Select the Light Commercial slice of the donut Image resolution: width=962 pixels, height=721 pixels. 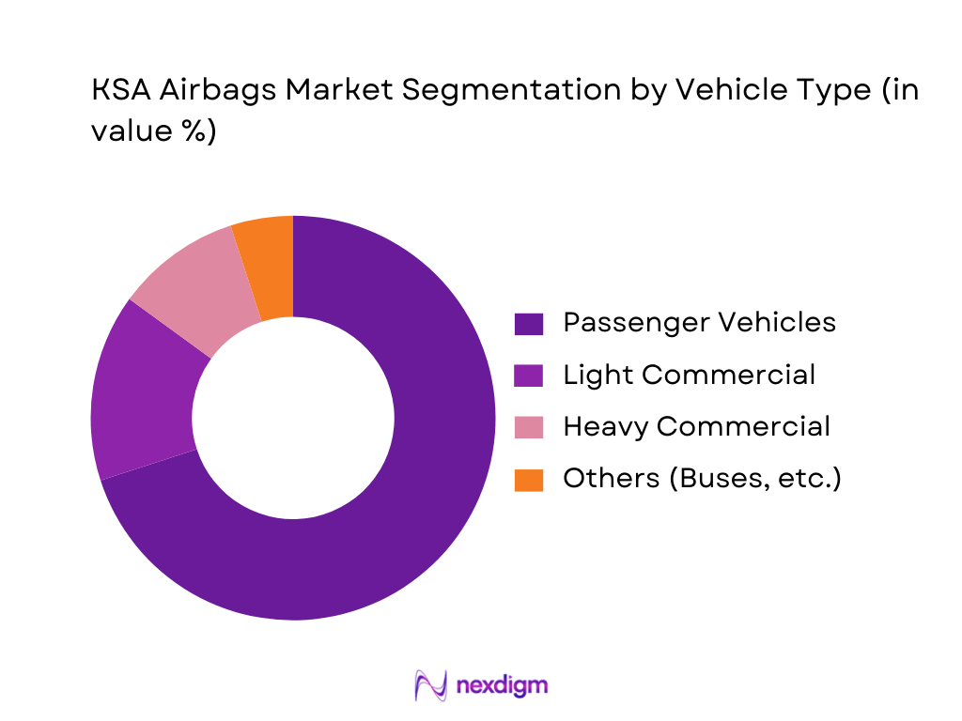tap(141, 394)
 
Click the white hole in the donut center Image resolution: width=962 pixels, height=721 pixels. tap(293, 418)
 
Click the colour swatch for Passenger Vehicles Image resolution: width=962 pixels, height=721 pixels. tap(529, 324)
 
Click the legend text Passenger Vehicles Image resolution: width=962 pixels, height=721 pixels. tap(699, 323)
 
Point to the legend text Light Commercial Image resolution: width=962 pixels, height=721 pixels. tap(689, 376)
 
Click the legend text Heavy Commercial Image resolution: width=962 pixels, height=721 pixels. tap(696, 427)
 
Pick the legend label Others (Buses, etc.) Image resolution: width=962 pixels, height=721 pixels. tap(702, 479)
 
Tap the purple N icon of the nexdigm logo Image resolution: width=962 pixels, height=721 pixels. tap(431, 685)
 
